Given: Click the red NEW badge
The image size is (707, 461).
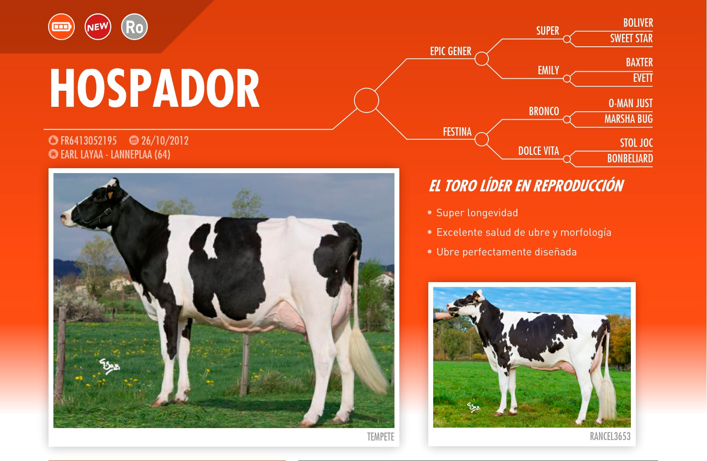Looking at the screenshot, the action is click(98, 27).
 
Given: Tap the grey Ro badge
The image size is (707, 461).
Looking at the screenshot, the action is click(134, 27).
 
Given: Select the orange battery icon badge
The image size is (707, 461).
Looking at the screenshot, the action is click(61, 27).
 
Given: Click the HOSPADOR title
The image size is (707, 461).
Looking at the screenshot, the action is click(154, 88).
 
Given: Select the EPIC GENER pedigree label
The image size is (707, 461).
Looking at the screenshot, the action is click(451, 51).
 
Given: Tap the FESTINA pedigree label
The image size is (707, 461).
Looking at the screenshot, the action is click(457, 132).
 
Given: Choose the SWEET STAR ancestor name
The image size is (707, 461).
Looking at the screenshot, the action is click(631, 38).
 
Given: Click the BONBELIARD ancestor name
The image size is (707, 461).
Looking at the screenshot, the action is click(630, 158).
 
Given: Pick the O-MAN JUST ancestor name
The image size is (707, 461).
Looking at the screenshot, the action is click(630, 103).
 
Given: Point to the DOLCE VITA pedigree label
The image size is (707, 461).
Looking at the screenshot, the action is click(538, 151).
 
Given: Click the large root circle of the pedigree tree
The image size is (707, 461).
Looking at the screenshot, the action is click(366, 89).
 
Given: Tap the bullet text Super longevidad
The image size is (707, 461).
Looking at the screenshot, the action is click(477, 213).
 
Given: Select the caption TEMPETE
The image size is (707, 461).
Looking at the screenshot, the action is click(381, 437).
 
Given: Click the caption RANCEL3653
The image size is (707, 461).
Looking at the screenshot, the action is click(610, 436).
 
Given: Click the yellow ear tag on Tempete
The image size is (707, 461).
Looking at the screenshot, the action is click(110, 195).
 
